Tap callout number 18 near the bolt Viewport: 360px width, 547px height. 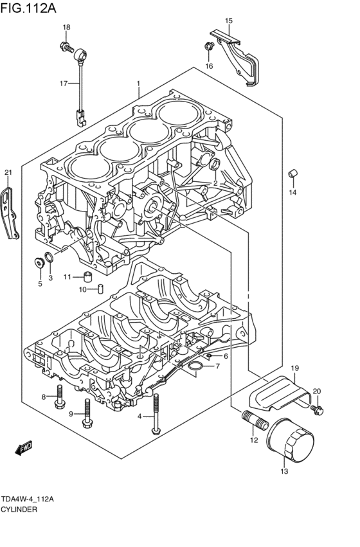(x=66, y=27)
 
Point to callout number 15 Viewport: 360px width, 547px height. (x=228, y=21)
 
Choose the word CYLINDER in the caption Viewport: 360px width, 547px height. (x=19, y=509)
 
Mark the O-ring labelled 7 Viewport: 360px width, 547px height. (x=194, y=367)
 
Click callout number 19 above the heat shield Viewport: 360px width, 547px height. (x=295, y=368)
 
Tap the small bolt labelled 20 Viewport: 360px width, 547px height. (x=317, y=408)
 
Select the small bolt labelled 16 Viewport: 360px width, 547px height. (x=209, y=46)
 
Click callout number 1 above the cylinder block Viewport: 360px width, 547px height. (x=138, y=84)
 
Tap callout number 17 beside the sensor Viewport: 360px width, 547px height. (x=64, y=84)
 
